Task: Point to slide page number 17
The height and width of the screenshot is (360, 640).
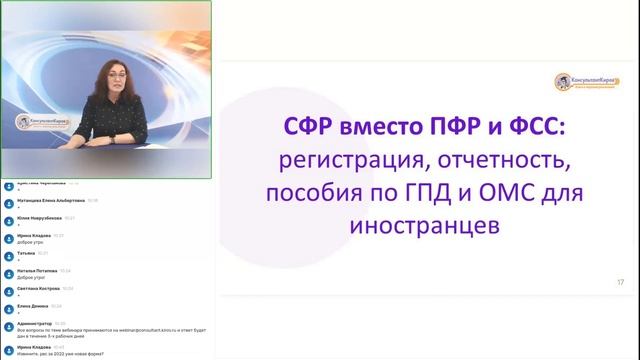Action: pyautogui.click(x=620, y=283)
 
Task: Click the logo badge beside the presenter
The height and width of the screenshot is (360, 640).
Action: pyautogui.click(x=37, y=125)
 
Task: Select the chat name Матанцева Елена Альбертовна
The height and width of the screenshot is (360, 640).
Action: pyautogui.click(x=50, y=200)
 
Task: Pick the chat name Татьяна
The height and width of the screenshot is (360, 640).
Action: pyautogui.click(x=27, y=253)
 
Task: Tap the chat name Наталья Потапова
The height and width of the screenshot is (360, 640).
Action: pyautogui.click(x=38, y=270)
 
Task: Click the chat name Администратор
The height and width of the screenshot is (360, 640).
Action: pyautogui.click(x=35, y=323)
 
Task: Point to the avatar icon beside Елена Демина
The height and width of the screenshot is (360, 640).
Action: pyautogui.click(x=9, y=306)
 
